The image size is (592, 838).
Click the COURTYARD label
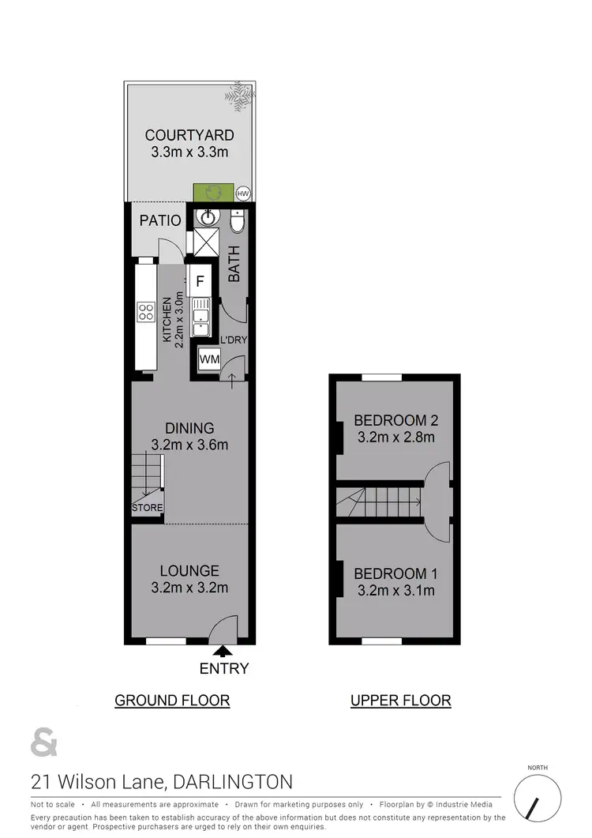(189, 135)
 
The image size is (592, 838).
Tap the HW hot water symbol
(243, 193)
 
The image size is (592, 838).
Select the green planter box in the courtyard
(213, 192)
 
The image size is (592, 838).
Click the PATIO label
(160, 220)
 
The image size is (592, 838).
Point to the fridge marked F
(200, 280)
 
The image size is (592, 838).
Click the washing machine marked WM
(209, 359)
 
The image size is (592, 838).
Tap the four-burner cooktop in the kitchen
(146, 311)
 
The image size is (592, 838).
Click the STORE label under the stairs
(147, 508)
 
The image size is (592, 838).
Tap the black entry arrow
(223, 651)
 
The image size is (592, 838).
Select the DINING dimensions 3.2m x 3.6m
(189, 445)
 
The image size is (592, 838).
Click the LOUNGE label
(189, 570)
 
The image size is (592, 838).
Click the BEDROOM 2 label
(395, 419)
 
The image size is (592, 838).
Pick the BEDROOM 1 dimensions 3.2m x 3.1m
(395, 590)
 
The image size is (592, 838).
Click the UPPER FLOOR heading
(401, 700)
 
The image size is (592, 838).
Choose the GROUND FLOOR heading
(172, 700)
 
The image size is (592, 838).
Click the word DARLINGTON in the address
(234, 782)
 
